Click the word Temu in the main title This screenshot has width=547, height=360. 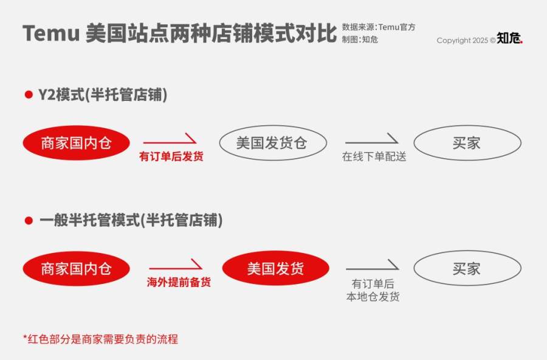pyautogui.click(x=51, y=33)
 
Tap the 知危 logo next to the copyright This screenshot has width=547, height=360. pyautogui.click(x=509, y=38)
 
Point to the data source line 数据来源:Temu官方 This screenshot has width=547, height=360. pyautogui.click(x=379, y=27)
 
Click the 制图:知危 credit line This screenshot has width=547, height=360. pyautogui.click(x=360, y=40)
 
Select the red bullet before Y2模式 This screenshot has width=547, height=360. pyautogui.click(x=29, y=94)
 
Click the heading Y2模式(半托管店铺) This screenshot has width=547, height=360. pyautogui.click(x=103, y=95)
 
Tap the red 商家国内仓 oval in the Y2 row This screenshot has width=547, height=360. pyautogui.click(x=76, y=143)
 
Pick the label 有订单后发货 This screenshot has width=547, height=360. pyautogui.click(x=171, y=156)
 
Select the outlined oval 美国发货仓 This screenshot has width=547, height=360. pyautogui.click(x=273, y=143)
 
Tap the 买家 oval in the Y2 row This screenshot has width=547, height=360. pyautogui.click(x=467, y=143)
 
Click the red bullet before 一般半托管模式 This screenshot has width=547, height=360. pyautogui.click(x=29, y=220)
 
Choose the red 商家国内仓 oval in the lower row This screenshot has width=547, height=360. pyautogui.click(x=76, y=269)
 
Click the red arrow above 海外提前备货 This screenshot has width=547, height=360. pyautogui.click(x=176, y=265)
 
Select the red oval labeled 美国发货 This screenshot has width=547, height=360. pyautogui.click(x=275, y=268)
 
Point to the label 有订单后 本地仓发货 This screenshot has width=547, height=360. pyautogui.click(x=373, y=290)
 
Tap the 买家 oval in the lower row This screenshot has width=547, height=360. pyautogui.click(x=467, y=268)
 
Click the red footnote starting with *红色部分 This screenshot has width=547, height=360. pyautogui.click(x=100, y=339)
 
